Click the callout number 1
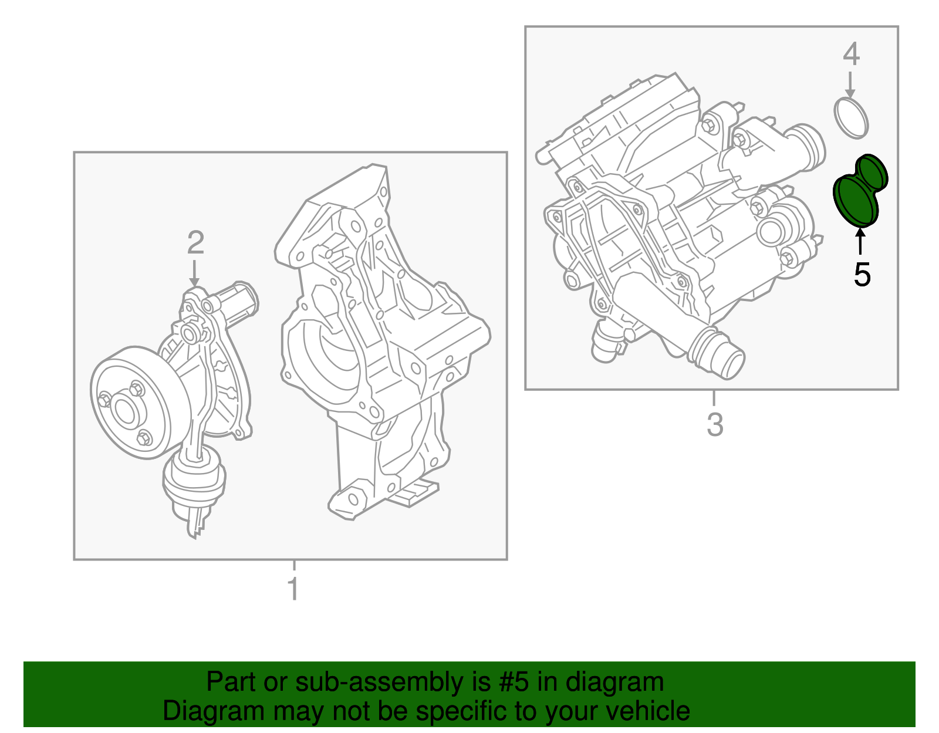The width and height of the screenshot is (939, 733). click(x=293, y=589)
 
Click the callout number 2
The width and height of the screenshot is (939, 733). click(x=195, y=242)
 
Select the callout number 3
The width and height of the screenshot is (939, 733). click(x=715, y=424)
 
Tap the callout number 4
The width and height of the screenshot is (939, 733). click(x=851, y=55)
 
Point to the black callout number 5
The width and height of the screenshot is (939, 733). click(x=862, y=274)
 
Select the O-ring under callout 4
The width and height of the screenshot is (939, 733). click(x=851, y=118)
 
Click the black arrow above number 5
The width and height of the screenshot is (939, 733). click(x=861, y=241)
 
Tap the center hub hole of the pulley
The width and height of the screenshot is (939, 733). click(x=126, y=410)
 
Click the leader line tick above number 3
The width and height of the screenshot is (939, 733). click(x=714, y=398)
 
